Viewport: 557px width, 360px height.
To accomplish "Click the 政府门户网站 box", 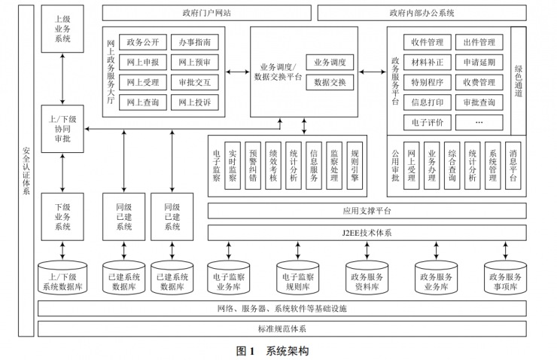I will point(205,13).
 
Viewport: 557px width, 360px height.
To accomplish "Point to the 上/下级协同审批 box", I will point(62,128).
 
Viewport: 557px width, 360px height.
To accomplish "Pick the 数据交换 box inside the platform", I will point(329,81).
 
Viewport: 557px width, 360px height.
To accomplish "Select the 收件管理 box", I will point(427,42).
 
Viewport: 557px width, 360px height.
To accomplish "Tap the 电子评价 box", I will point(427,121).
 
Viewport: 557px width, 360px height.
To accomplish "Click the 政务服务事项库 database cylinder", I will point(503,280).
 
